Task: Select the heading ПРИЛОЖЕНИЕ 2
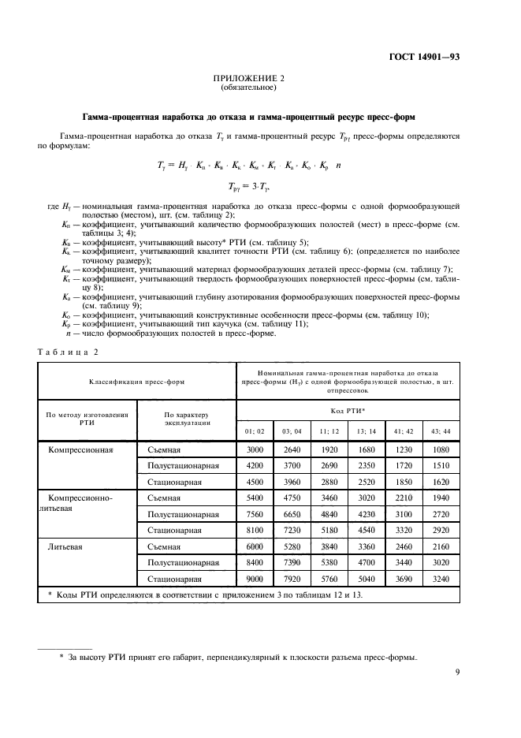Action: [x=248, y=79]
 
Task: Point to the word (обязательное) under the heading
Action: [x=248, y=88]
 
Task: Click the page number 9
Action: [x=458, y=673]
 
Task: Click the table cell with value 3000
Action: [x=254, y=450]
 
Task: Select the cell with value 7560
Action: [x=254, y=513]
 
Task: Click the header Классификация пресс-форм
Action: [x=137, y=381]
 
